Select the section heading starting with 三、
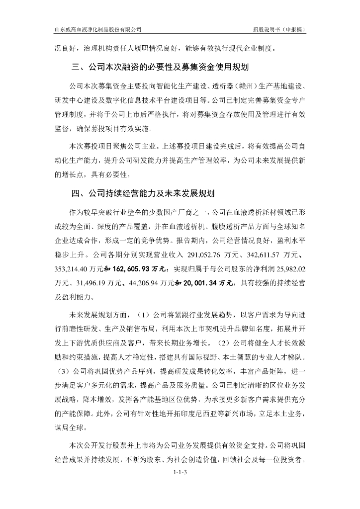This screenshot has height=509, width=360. [x=160, y=66]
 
